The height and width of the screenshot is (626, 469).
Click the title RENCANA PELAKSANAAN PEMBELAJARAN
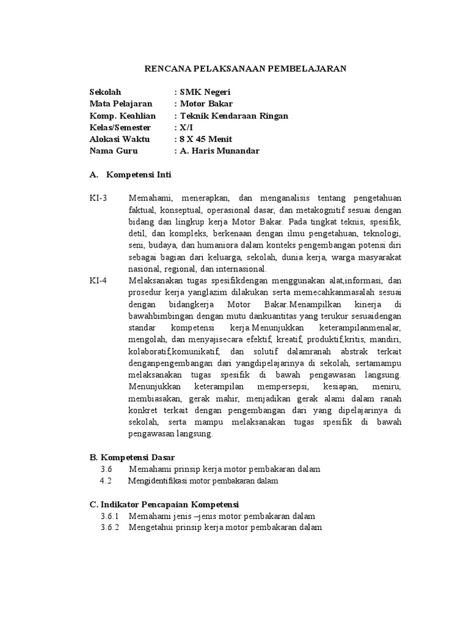(x=245, y=69)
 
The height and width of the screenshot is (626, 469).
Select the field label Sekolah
(x=106, y=92)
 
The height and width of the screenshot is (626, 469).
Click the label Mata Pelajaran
(x=118, y=104)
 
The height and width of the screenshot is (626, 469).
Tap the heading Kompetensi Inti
(x=139, y=175)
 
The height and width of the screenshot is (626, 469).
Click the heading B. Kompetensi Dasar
(x=132, y=457)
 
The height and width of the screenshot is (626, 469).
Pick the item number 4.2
(x=106, y=481)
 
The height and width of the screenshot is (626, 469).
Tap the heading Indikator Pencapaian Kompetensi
(x=164, y=504)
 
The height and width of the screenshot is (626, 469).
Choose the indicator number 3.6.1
(x=110, y=517)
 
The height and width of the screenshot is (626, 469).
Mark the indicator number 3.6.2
(x=110, y=528)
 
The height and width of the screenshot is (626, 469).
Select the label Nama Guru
(x=114, y=151)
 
